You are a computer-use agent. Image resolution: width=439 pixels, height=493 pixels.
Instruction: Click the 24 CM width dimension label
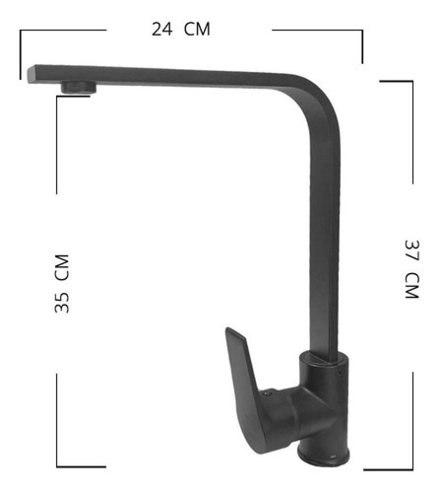pyautogui.click(x=181, y=29)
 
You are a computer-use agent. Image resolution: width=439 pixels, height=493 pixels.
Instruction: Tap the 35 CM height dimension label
pyautogui.click(x=62, y=283)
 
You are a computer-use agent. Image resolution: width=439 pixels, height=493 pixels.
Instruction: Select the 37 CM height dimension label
pyautogui.click(x=412, y=270)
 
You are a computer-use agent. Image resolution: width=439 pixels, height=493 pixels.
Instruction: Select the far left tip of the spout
pyautogui.click(x=28, y=74)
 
